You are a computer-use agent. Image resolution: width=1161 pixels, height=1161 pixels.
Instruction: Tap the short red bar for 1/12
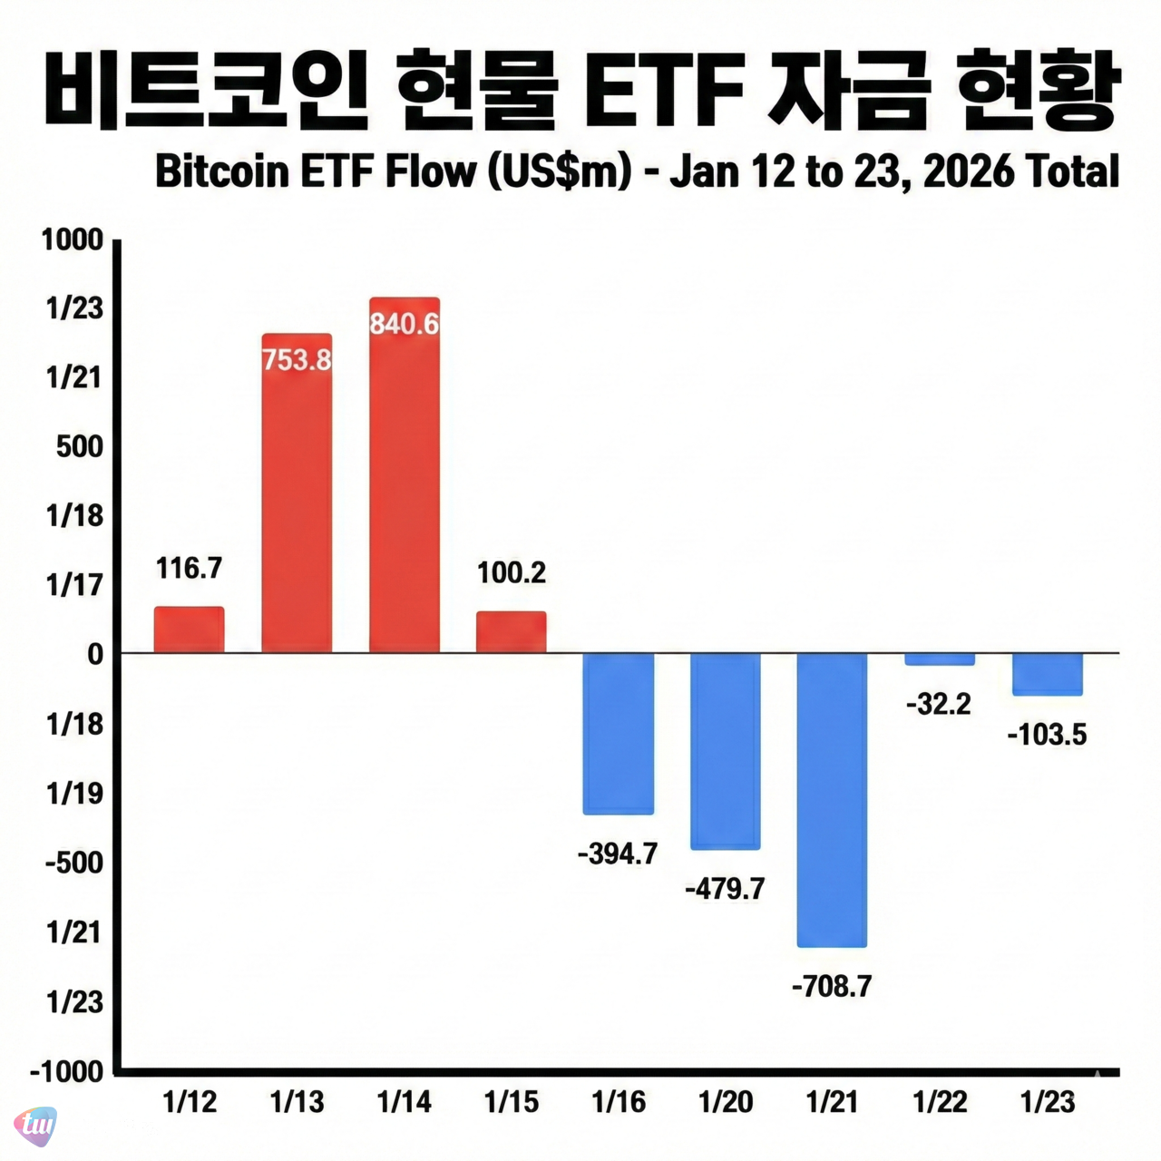coord(189,629)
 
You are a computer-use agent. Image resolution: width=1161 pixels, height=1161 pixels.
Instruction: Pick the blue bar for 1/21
coord(832,800)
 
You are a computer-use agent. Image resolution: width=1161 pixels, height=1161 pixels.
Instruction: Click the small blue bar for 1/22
coord(940,659)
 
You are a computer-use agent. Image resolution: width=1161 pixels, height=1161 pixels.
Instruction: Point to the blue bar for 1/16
coord(618,733)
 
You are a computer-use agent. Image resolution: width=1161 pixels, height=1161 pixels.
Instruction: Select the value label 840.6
coord(405,324)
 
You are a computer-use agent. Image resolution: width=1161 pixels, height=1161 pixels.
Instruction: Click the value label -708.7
coord(832,986)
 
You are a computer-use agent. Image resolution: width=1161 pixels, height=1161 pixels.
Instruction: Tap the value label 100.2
coord(512,572)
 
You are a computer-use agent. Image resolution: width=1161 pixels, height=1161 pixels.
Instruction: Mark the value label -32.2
coord(939,704)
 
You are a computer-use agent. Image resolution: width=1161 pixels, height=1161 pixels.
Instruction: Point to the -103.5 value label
coord(1047,734)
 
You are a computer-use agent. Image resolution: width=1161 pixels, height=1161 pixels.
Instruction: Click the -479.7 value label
coord(725,888)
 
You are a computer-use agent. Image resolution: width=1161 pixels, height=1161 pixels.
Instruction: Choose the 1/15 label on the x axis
coord(512,1102)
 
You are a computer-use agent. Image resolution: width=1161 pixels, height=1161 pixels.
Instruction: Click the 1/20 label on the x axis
coord(726,1102)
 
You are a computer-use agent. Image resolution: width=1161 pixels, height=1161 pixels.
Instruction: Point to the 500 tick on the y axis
coord(80,446)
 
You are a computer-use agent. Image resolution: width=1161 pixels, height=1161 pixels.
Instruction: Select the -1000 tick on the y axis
coord(68,1071)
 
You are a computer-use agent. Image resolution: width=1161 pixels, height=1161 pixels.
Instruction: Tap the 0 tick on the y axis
coord(95,654)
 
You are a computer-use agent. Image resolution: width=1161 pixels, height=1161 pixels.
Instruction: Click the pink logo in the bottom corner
coord(35,1126)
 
